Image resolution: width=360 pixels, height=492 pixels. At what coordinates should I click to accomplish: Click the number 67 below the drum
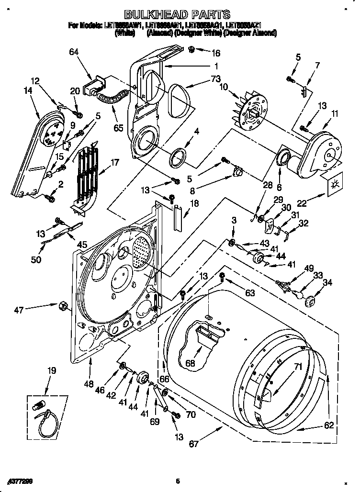coord(193,444)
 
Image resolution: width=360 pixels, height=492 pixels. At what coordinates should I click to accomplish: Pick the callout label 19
coord(52,370)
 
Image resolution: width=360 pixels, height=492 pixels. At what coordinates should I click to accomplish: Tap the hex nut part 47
coord(62,305)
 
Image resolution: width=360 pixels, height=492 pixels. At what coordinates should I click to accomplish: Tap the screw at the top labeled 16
coord(191,49)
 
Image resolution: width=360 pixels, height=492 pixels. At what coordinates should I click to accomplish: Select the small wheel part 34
coord(311,302)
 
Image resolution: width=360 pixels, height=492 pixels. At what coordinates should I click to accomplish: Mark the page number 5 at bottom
coord(177,481)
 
